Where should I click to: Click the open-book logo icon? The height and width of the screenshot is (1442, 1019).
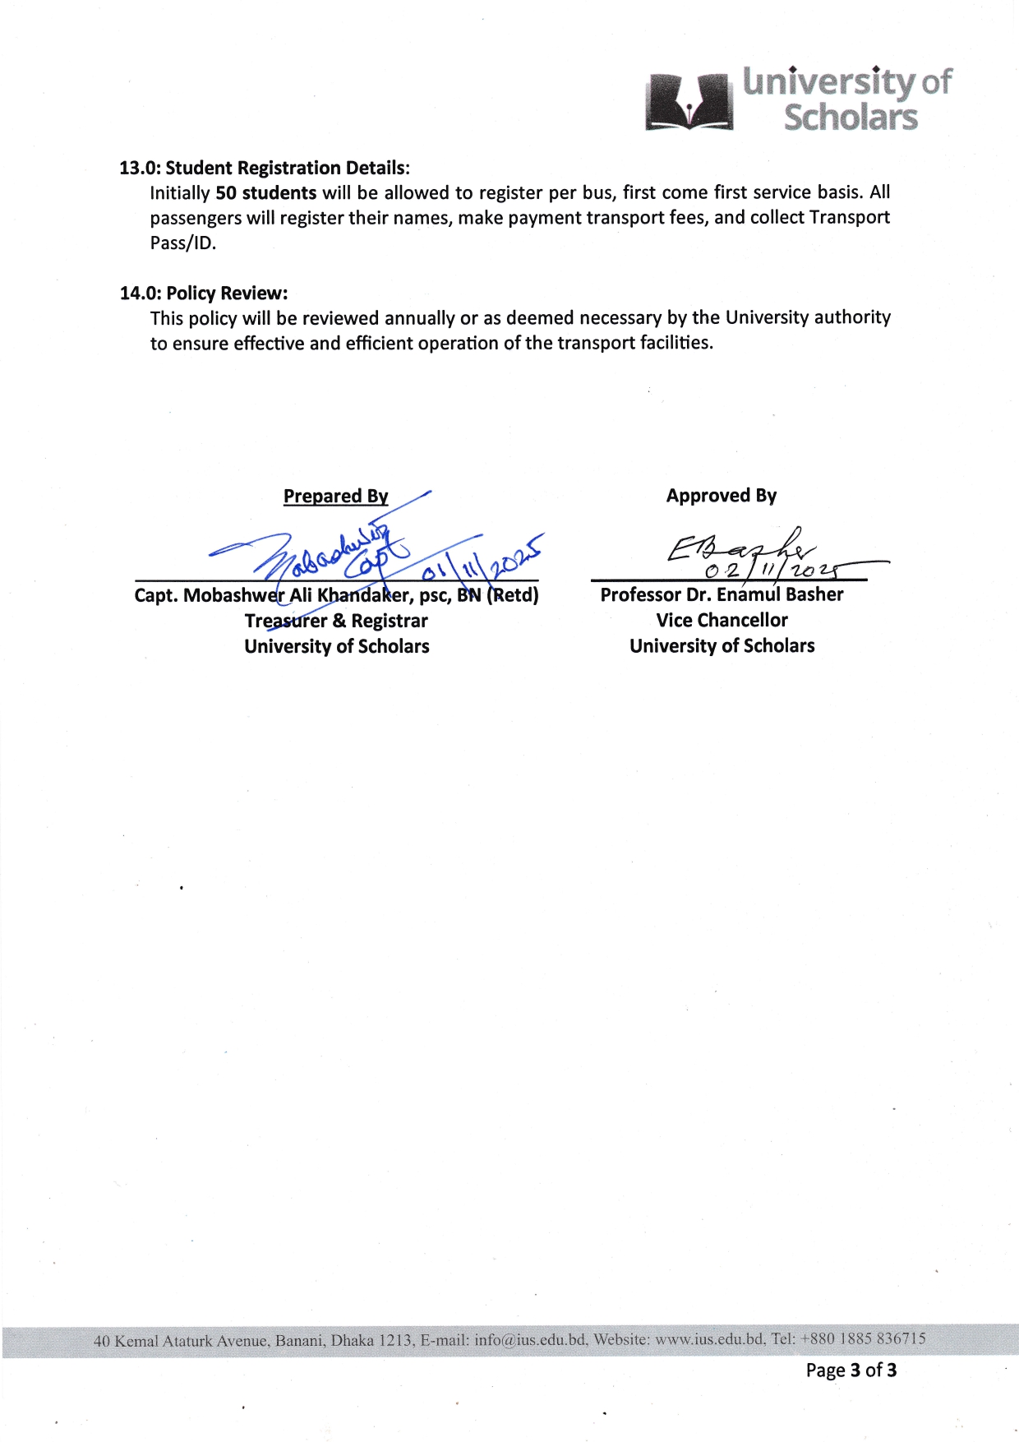(x=689, y=103)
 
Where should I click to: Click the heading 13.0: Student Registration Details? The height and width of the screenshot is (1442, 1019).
(x=265, y=168)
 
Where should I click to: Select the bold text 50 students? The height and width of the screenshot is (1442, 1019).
(x=265, y=193)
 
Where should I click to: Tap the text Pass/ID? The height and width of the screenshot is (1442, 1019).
(x=182, y=243)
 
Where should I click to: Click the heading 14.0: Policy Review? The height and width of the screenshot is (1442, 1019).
(x=204, y=293)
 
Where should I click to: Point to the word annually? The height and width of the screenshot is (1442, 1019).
(x=419, y=318)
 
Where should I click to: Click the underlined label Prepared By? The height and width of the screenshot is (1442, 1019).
(x=335, y=496)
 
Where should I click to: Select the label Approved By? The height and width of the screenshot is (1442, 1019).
(x=721, y=496)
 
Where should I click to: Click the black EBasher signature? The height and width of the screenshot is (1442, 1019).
(x=740, y=547)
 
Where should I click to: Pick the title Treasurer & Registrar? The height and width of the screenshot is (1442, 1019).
(x=336, y=621)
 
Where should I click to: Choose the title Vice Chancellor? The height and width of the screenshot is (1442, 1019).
(x=722, y=620)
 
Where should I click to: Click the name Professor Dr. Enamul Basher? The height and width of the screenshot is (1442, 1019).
(x=722, y=594)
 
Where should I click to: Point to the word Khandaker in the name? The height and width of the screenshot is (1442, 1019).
(x=364, y=595)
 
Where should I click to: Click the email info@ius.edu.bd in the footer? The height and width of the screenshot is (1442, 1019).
(x=530, y=1340)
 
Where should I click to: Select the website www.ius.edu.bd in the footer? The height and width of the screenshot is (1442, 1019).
(x=710, y=1339)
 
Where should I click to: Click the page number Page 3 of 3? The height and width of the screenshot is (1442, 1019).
(x=851, y=1370)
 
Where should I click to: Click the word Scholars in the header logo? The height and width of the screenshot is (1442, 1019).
(x=850, y=118)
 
